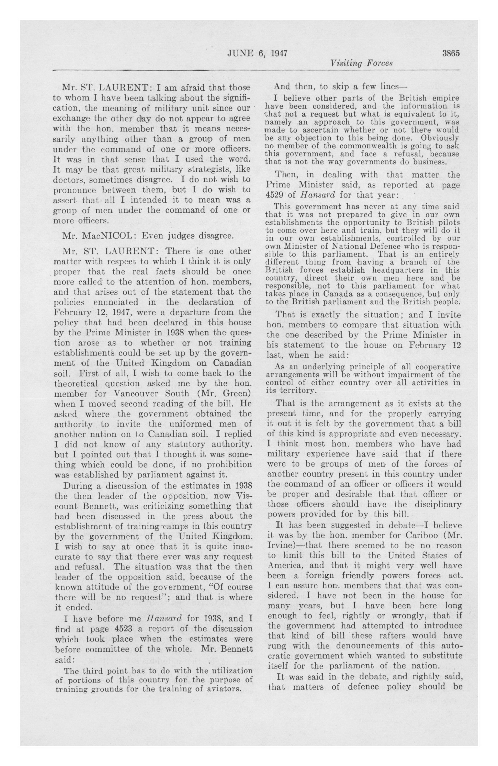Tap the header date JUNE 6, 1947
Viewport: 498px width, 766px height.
point(257,53)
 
